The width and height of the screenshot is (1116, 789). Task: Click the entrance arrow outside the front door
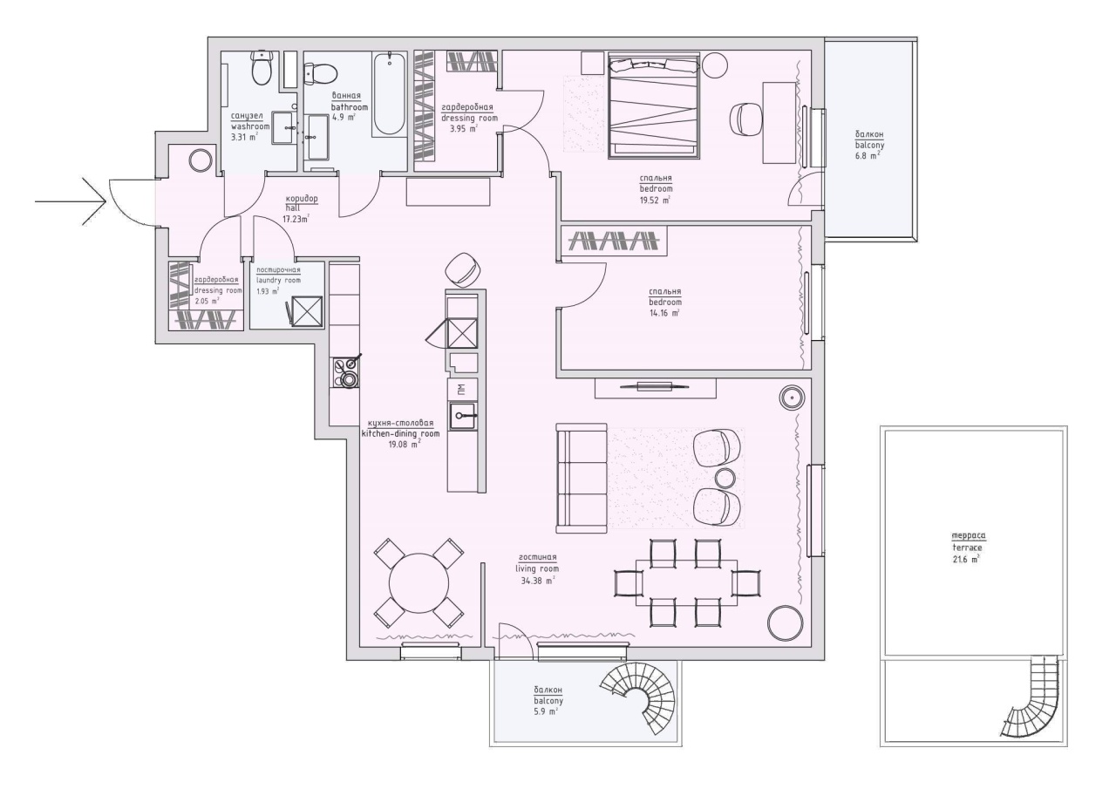coord(71,201)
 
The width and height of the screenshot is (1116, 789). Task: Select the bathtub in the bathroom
coord(390,94)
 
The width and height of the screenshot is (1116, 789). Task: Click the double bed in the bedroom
coord(654,106)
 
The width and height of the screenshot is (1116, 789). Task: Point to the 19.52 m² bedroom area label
coord(656,189)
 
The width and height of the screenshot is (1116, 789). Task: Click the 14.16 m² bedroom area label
coord(665,303)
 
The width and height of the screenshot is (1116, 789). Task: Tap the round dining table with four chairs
coord(418,582)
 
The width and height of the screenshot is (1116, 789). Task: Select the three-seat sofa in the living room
coord(582,478)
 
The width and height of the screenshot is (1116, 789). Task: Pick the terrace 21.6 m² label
coord(968,548)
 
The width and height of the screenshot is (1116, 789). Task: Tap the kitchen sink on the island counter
coord(463,417)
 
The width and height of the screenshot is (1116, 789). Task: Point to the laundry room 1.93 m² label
coord(278,281)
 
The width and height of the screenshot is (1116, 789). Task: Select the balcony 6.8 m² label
coord(869,145)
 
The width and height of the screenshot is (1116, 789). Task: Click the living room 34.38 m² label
coord(537,568)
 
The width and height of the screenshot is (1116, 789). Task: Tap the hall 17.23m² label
coord(301,208)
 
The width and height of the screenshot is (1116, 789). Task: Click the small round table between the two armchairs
coord(725,478)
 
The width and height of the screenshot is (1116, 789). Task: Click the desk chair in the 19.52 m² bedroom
coord(745,119)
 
